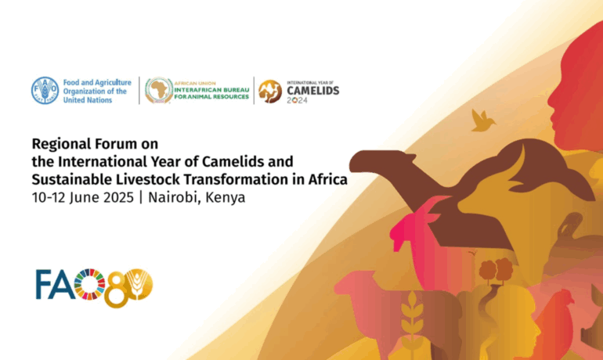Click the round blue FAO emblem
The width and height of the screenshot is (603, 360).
point(45,91)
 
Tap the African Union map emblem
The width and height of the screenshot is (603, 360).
point(159,91)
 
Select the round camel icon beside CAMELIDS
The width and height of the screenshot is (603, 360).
point(270,92)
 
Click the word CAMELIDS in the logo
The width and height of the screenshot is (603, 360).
point(313,91)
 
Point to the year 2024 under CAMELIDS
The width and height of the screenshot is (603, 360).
point(298,100)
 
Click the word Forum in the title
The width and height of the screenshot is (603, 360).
point(116,144)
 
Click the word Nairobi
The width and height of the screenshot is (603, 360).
point(174,197)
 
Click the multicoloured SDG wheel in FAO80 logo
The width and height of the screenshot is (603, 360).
point(89,284)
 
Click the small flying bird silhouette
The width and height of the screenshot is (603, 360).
point(482,121)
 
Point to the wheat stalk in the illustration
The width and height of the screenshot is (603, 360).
point(412,321)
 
